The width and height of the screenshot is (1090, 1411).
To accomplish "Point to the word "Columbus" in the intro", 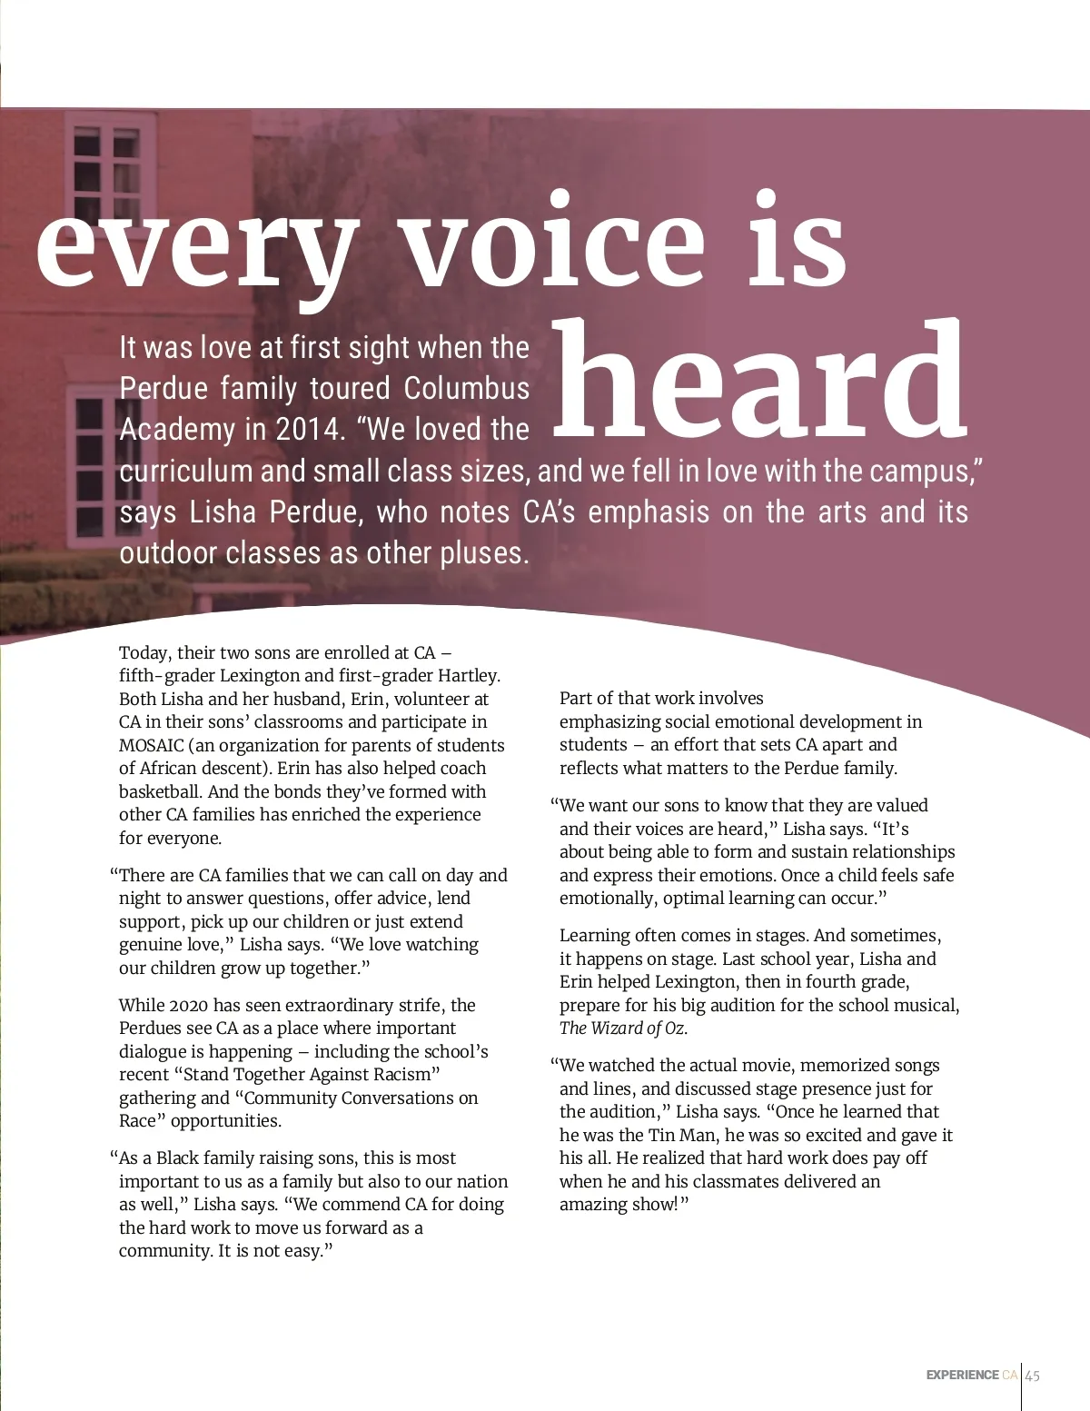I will (466, 389).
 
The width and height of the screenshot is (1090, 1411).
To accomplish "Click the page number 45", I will (1033, 1376).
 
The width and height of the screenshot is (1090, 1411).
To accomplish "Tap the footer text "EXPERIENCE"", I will (962, 1376).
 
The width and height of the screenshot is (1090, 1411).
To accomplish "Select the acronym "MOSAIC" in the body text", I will (152, 746).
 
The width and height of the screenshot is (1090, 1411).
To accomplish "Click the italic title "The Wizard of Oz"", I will (622, 1028).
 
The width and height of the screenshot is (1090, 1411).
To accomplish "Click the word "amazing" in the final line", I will (591, 1205).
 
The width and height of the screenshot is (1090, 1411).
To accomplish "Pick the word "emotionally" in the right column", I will (606, 899).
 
